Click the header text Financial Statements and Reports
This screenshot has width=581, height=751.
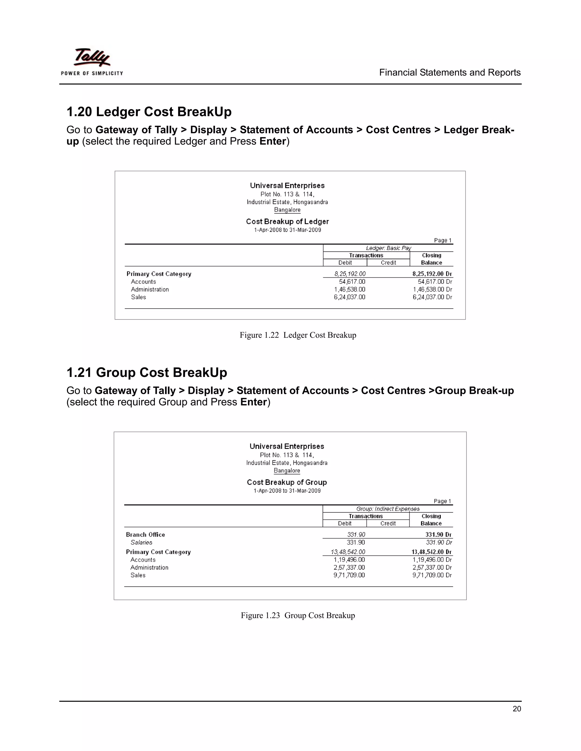point(450,73)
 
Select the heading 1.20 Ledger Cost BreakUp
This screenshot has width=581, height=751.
point(149,112)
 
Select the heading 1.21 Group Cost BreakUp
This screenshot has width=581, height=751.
point(147,372)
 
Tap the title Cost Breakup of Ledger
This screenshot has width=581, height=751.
point(287,221)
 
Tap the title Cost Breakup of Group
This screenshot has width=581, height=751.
point(287,482)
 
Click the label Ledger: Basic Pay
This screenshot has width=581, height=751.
point(388,248)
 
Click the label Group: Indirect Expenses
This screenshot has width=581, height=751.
point(388,509)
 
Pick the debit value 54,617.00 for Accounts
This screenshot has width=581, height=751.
point(352,282)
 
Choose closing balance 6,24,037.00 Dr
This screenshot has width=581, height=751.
point(432,297)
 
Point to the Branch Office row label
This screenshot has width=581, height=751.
point(145,535)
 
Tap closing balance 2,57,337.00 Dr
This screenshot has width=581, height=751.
point(431,567)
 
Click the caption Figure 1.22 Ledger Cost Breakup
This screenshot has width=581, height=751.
point(298,335)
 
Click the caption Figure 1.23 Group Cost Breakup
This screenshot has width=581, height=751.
point(298,616)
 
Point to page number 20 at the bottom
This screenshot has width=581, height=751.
point(516,709)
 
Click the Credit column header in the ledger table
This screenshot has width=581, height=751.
point(388,263)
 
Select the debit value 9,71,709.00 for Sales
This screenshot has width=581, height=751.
point(349,575)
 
